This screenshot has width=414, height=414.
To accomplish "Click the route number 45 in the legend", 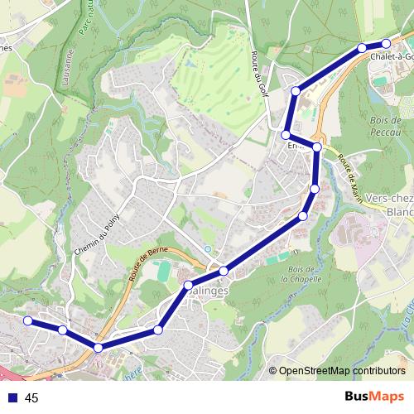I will (x=32, y=398).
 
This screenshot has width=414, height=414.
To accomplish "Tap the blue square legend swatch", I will (x=12, y=398).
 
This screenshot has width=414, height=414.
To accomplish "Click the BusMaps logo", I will (x=373, y=397).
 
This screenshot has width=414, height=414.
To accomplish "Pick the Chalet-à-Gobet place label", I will (x=391, y=57).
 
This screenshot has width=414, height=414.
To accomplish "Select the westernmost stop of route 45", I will (x=27, y=320).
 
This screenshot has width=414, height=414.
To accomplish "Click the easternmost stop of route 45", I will (x=386, y=43).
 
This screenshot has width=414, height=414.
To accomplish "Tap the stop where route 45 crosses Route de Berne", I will (x=99, y=348).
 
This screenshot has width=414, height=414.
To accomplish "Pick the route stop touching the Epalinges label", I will (x=188, y=286).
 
